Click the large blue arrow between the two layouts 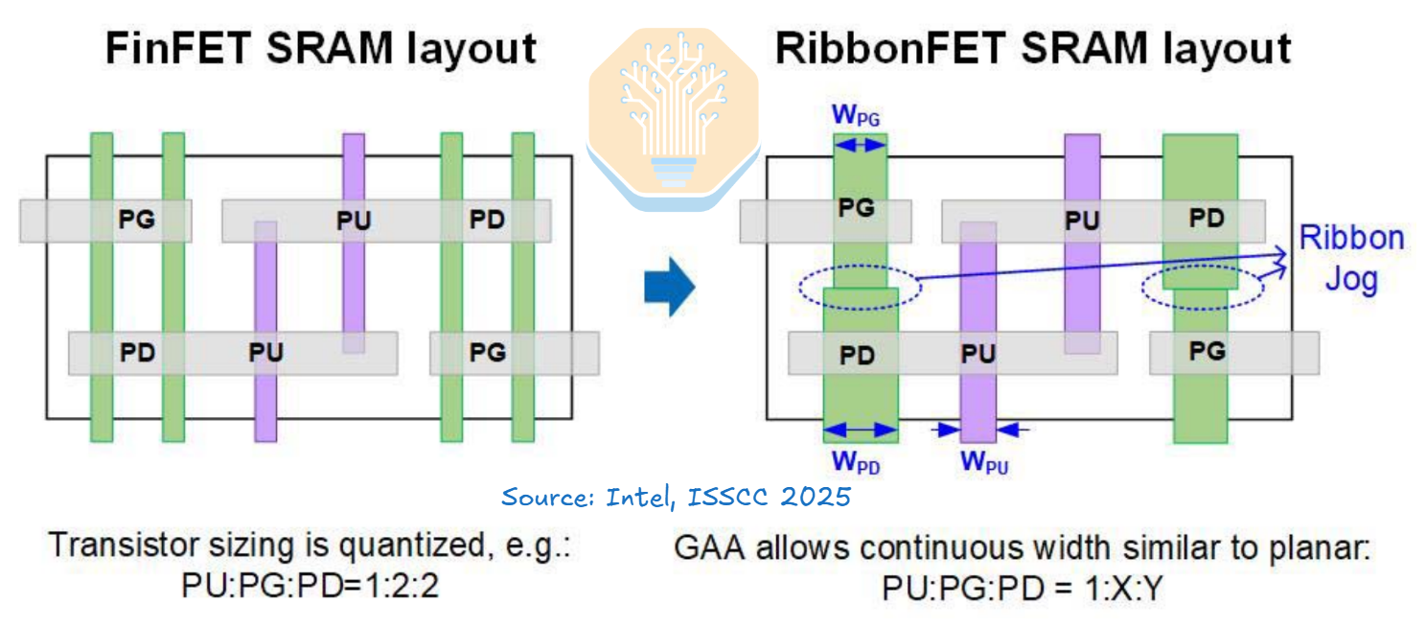[670, 287]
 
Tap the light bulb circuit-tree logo [674, 119]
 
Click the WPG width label [856, 115]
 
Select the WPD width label [856, 461]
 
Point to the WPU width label [984, 462]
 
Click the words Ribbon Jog [1351, 258]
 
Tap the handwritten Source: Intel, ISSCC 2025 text [676, 497]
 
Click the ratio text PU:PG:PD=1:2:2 [310, 585]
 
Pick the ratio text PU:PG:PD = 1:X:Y [1023, 588]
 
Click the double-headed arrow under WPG [860, 145]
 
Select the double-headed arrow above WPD [860, 430]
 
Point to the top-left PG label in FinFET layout [136, 220]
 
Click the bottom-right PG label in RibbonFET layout [1207, 351]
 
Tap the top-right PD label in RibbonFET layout [1207, 219]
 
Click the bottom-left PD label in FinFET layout [137, 352]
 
